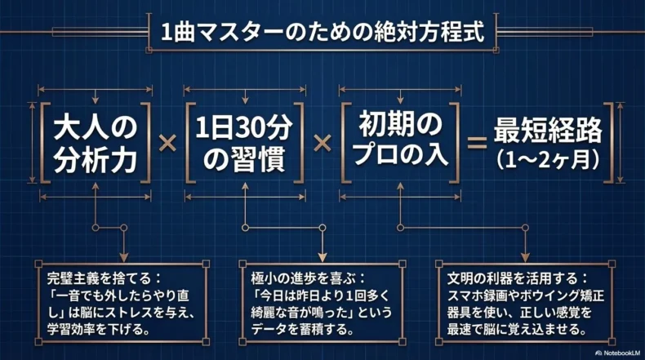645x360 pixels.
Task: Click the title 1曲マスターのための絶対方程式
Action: coord(322,33)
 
